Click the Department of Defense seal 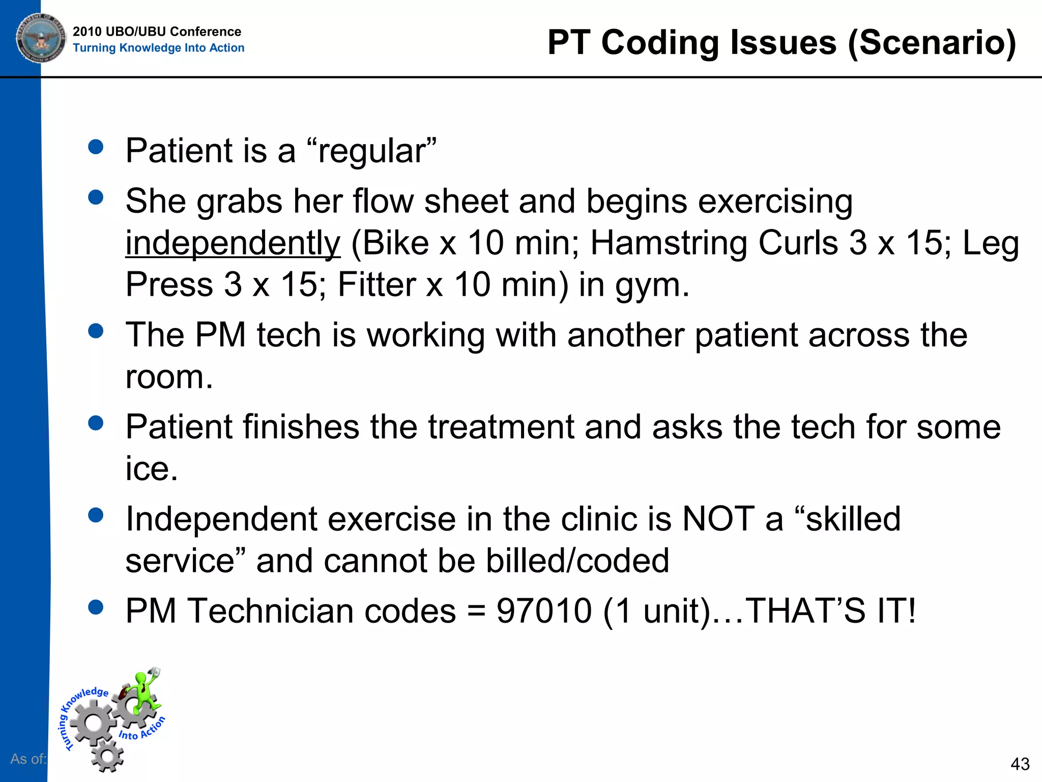click(41, 38)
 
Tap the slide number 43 click(1020, 764)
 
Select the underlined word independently click(233, 243)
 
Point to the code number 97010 click(544, 610)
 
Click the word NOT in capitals click(718, 519)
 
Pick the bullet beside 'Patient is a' click(96, 147)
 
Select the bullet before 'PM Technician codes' click(96, 607)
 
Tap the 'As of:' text click(28, 759)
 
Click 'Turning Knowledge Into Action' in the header click(158, 48)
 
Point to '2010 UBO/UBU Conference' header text click(157, 32)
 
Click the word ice click(151, 469)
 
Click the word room click(168, 377)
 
